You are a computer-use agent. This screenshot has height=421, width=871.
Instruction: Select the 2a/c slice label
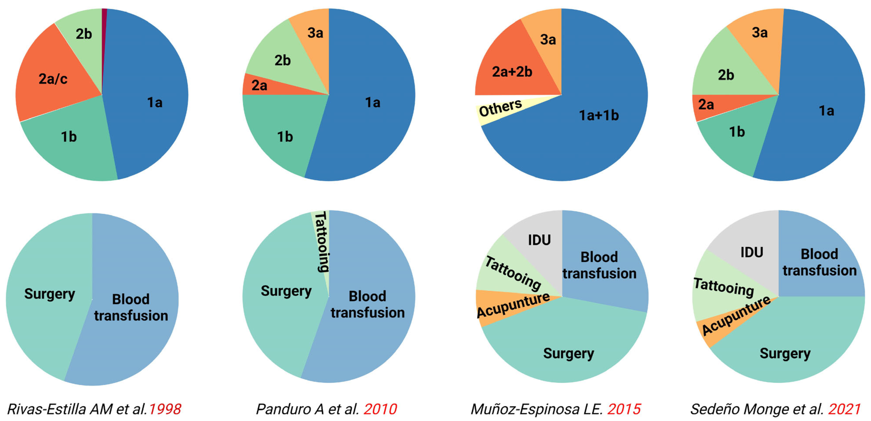53,79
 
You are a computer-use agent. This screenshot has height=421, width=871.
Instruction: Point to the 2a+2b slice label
512,72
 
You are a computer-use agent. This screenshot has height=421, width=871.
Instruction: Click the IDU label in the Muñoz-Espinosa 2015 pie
539,240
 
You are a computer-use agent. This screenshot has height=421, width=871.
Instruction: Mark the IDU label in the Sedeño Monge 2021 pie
752,252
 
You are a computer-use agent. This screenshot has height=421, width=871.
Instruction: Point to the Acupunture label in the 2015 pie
513,305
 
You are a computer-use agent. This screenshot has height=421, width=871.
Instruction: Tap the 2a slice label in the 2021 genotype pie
706,105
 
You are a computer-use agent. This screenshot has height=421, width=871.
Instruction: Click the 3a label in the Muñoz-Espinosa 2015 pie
548,40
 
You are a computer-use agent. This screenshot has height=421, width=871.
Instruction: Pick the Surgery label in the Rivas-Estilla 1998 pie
49,294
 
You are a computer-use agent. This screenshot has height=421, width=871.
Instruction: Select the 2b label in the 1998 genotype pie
83,34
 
